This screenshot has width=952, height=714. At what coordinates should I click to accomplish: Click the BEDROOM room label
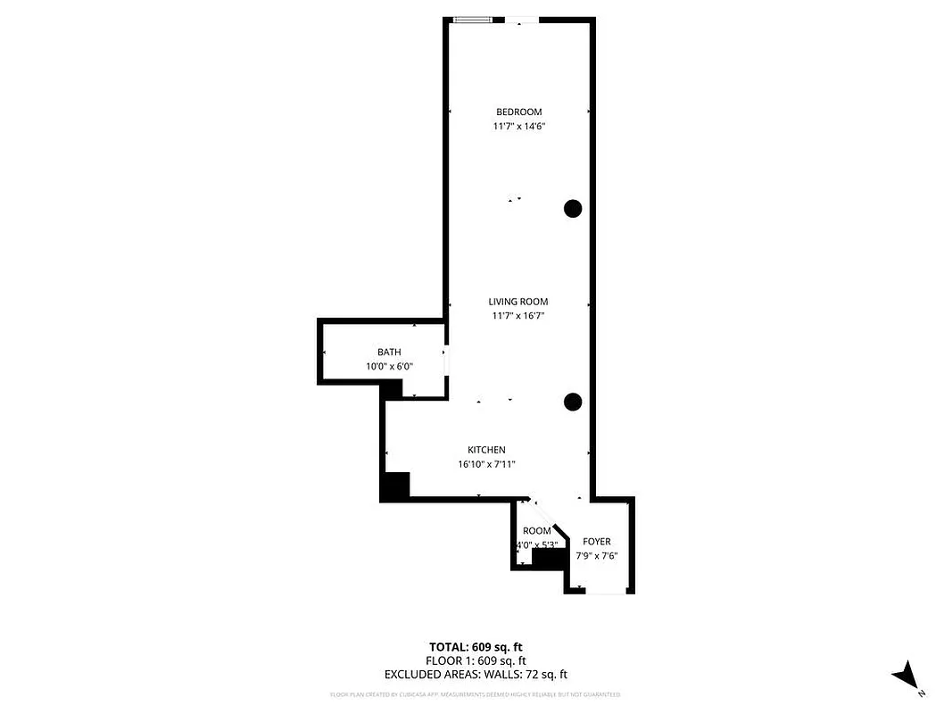tap(518, 112)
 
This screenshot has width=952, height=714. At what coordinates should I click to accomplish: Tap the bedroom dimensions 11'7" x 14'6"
tap(518, 127)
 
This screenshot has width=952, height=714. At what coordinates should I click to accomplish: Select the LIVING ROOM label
tap(517, 302)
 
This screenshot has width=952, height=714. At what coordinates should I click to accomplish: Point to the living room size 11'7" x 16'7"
tap(517, 316)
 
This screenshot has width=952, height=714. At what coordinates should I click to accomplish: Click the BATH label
tap(389, 353)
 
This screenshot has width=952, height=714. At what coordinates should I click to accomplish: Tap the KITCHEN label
tap(486, 450)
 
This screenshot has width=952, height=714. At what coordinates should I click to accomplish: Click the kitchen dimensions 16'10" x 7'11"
tap(486, 464)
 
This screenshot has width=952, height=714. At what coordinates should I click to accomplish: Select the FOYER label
tap(596, 542)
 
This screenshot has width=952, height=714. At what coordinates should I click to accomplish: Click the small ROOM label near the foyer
tap(536, 531)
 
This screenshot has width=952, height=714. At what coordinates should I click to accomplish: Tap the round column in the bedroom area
tap(573, 209)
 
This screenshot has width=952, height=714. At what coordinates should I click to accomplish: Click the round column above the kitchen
tap(573, 402)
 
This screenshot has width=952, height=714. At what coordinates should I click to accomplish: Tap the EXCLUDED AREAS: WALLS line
tap(476, 676)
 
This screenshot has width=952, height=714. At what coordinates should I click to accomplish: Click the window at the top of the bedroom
tap(472, 20)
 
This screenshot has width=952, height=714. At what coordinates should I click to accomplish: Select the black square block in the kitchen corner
tap(394, 486)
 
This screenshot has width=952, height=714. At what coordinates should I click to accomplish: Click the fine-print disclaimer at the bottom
tap(475, 694)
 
